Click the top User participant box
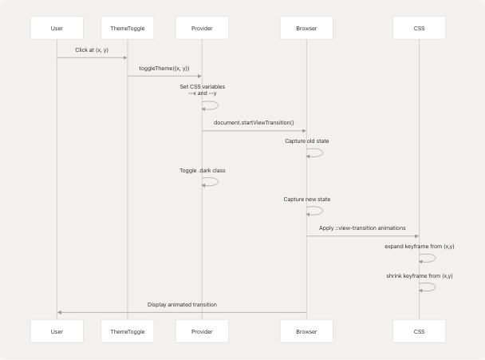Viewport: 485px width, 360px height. [x=57, y=28]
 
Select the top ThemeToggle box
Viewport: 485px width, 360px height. [x=127, y=28]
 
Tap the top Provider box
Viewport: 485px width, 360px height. [x=202, y=28]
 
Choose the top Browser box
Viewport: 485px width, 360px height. [x=306, y=28]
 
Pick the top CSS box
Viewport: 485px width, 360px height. [x=420, y=28]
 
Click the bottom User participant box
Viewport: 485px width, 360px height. [x=57, y=330]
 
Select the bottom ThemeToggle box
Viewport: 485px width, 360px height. [x=127, y=330]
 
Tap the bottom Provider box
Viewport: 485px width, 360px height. [x=202, y=330]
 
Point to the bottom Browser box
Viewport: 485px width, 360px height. [x=306, y=330]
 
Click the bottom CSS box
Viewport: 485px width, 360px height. [x=420, y=330]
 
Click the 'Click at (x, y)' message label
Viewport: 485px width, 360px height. [x=92, y=49]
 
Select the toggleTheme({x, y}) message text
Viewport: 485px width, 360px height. [x=164, y=69]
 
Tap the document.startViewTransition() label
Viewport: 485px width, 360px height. [x=254, y=123]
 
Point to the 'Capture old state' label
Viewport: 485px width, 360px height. [x=307, y=140]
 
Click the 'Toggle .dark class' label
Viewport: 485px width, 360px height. [x=203, y=170]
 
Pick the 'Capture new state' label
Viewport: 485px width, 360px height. [x=307, y=199]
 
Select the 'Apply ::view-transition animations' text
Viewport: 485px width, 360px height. [x=362, y=227]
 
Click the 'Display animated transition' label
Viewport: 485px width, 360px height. [x=182, y=304]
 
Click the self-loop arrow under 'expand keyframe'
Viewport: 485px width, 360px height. [x=428, y=258]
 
